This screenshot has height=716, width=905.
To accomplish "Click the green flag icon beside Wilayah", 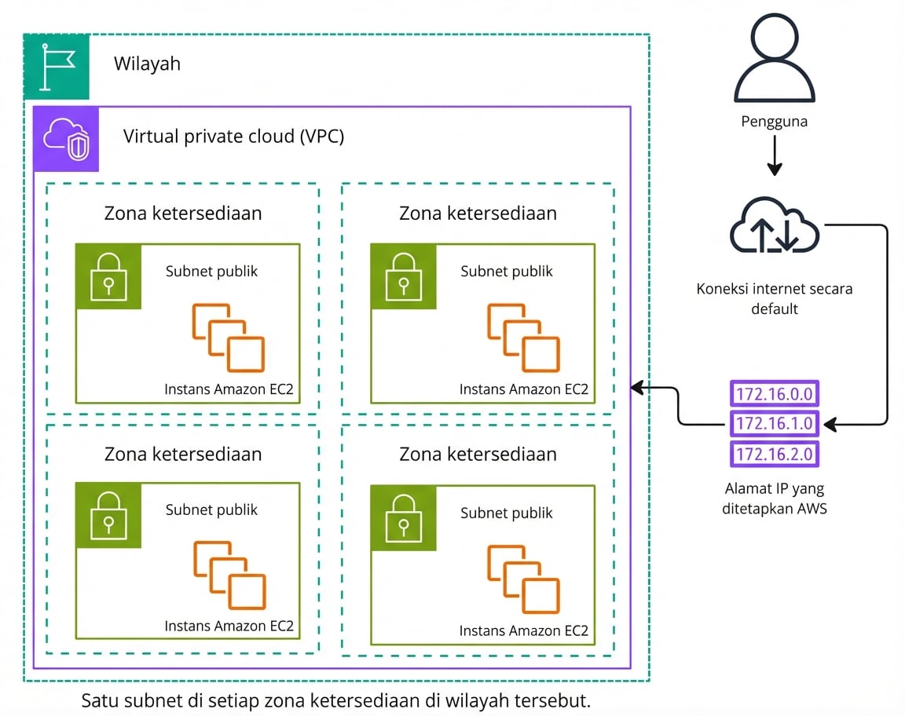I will pyautogui.click(x=57, y=67).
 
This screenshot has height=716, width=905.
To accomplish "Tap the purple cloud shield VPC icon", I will pyautogui.click(x=66, y=139).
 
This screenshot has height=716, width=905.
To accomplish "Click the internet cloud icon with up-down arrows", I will pyautogui.click(x=775, y=227).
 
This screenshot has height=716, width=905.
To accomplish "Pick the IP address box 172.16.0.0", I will pyautogui.click(x=775, y=393).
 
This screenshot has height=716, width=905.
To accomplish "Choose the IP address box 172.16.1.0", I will pyautogui.click(x=775, y=424).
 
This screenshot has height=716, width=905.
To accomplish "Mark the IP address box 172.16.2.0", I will pyautogui.click(x=775, y=454).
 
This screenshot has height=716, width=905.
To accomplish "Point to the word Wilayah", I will pyautogui.click(x=147, y=64).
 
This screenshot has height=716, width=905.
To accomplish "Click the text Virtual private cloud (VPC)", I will pyautogui.click(x=233, y=137).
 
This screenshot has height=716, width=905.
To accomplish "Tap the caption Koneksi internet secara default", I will pyautogui.click(x=775, y=298).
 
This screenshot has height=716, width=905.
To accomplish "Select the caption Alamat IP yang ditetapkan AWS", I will pyautogui.click(x=775, y=499).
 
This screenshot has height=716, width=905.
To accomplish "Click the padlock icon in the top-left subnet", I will pyautogui.click(x=108, y=276).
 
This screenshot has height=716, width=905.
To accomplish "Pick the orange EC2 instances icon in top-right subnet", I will pyautogui.click(x=523, y=338).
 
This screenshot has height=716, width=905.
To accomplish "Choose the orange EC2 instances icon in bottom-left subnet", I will pyautogui.click(x=229, y=575).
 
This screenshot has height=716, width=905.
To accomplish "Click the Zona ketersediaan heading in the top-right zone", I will pyautogui.click(x=478, y=214).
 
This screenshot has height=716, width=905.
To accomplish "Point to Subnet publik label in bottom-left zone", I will pyautogui.click(x=211, y=510).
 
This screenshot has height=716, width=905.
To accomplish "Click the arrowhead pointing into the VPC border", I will pyautogui.click(x=637, y=387).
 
